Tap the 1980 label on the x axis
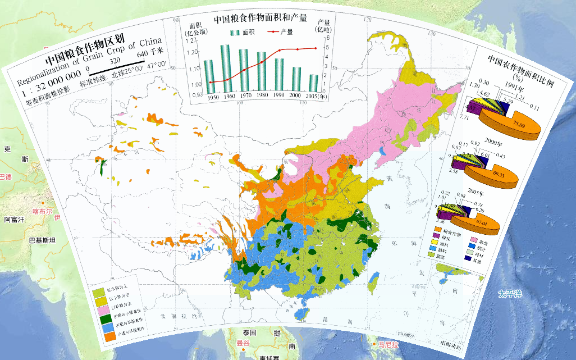pos(261,96)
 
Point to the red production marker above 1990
pos(280,51)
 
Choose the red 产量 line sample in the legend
pos(272,32)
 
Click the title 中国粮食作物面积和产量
pos(260,19)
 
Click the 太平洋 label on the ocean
pos(511,294)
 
